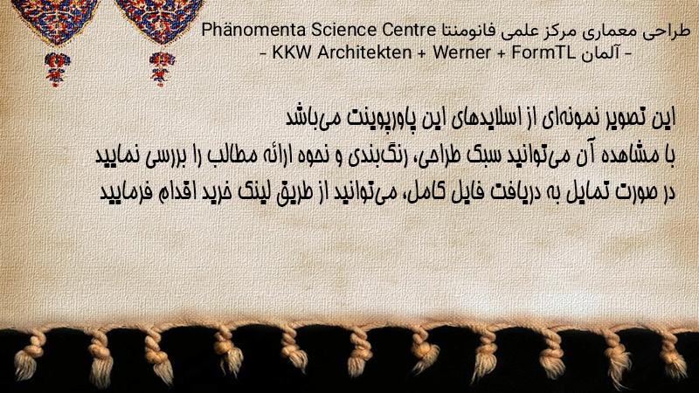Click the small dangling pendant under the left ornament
pos(56,69)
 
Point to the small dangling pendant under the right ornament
pos(162,69)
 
